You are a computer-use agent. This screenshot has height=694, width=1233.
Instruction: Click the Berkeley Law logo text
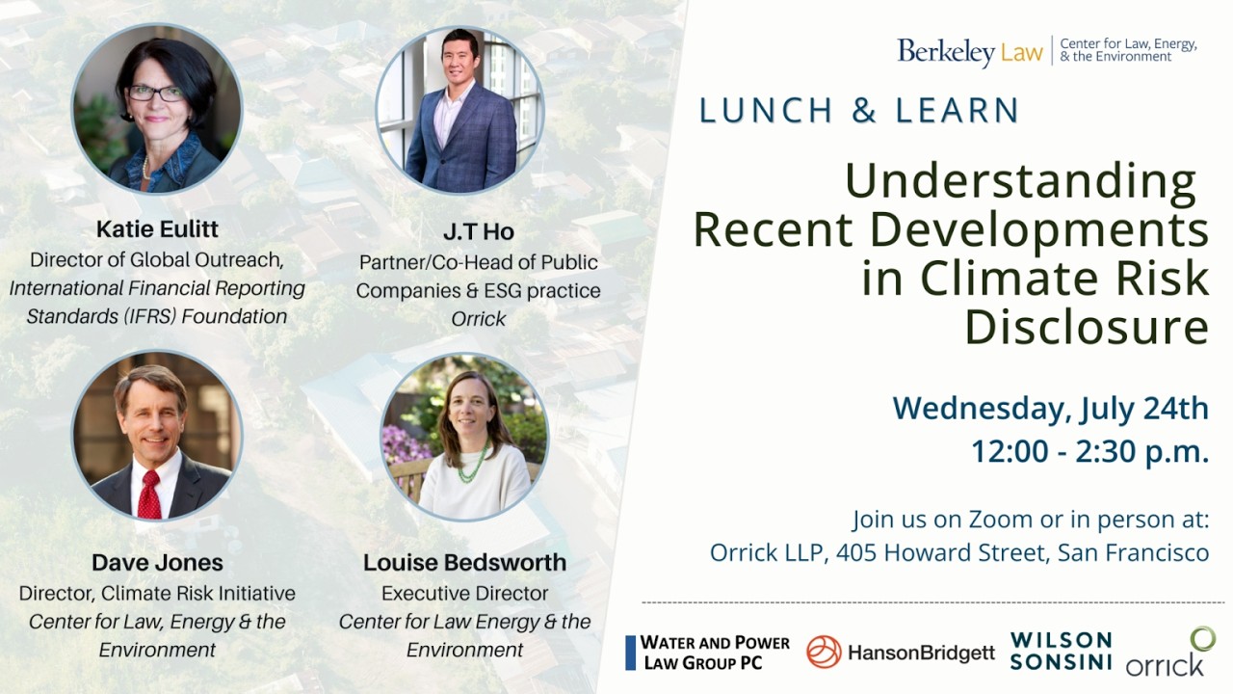(x=969, y=51)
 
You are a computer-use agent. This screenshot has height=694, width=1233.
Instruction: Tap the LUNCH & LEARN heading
(x=859, y=111)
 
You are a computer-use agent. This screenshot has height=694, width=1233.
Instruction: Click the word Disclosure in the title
(x=1087, y=327)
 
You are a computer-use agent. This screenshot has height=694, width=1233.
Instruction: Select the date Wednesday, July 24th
(x=1050, y=408)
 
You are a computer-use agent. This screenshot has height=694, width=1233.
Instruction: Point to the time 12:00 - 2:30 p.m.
(x=1089, y=450)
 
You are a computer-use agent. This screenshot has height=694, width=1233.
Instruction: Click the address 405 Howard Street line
(x=958, y=552)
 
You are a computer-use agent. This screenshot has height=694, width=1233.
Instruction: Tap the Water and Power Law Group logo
(x=715, y=653)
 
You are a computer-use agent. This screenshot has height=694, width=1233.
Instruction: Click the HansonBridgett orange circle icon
(x=824, y=653)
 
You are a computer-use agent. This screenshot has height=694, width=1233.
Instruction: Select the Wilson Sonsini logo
(x=1061, y=652)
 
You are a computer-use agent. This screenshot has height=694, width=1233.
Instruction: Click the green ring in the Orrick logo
(x=1202, y=638)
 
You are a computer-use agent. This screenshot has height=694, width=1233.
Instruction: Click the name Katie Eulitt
(x=157, y=229)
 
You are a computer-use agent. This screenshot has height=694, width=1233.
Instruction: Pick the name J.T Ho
(x=479, y=231)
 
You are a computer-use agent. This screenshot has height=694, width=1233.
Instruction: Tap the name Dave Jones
(x=157, y=562)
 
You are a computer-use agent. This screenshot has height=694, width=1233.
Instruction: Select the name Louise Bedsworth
(x=464, y=562)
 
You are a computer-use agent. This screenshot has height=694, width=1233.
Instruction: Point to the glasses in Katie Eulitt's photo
(x=155, y=93)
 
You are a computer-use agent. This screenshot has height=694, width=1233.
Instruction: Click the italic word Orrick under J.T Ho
(x=479, y=318)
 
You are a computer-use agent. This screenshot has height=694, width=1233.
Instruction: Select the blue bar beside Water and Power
(x=630, y=653)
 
